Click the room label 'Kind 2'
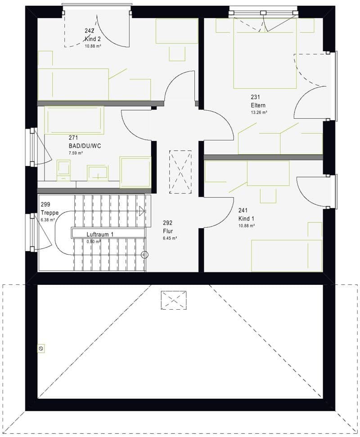[x=93, y=39]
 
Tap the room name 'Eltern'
[x=258, y=105]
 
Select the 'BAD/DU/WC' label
[x=85, y=146]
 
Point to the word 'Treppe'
[x=49, y=212]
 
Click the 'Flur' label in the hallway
[x=168, y=231]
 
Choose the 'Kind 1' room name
[x=246, y=219]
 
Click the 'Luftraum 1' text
[x=100, y=234]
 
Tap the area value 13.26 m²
[x=259, y=113]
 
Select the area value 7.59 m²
[x=76, y=153]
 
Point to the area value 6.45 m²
[x=170, y=238]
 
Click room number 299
[x=45, y=204]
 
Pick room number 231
[x=255, y=97]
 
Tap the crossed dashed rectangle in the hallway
[x=180, y=171]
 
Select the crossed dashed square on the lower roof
[x=174, y=300]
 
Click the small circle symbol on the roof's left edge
[x=41, y=348]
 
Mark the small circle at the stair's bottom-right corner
[x=144, y=254]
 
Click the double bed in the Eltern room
[x=265, y=54]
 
